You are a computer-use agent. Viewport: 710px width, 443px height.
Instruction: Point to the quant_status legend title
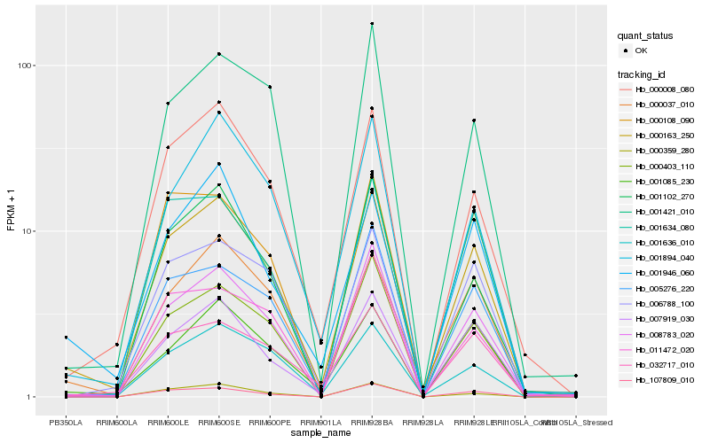coord(645,36)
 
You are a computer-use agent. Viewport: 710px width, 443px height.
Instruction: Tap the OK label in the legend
coord(642,51)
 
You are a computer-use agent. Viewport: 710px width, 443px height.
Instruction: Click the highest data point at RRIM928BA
coord(372,24)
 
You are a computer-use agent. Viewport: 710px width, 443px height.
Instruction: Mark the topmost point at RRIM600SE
coord(218,54)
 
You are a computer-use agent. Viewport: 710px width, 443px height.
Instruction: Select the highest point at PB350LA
coord(66,338)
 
